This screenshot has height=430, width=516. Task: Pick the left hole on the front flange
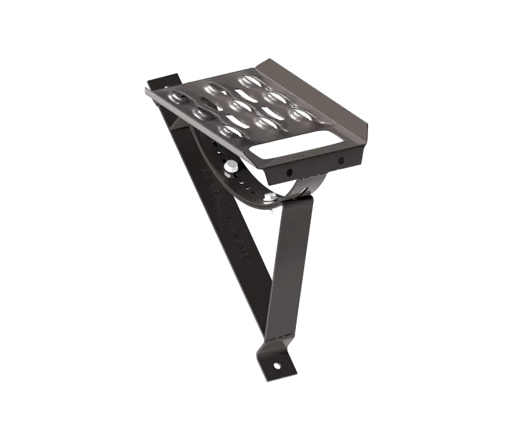289,172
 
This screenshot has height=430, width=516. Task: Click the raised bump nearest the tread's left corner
179,97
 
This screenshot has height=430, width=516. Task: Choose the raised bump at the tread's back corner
249,80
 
